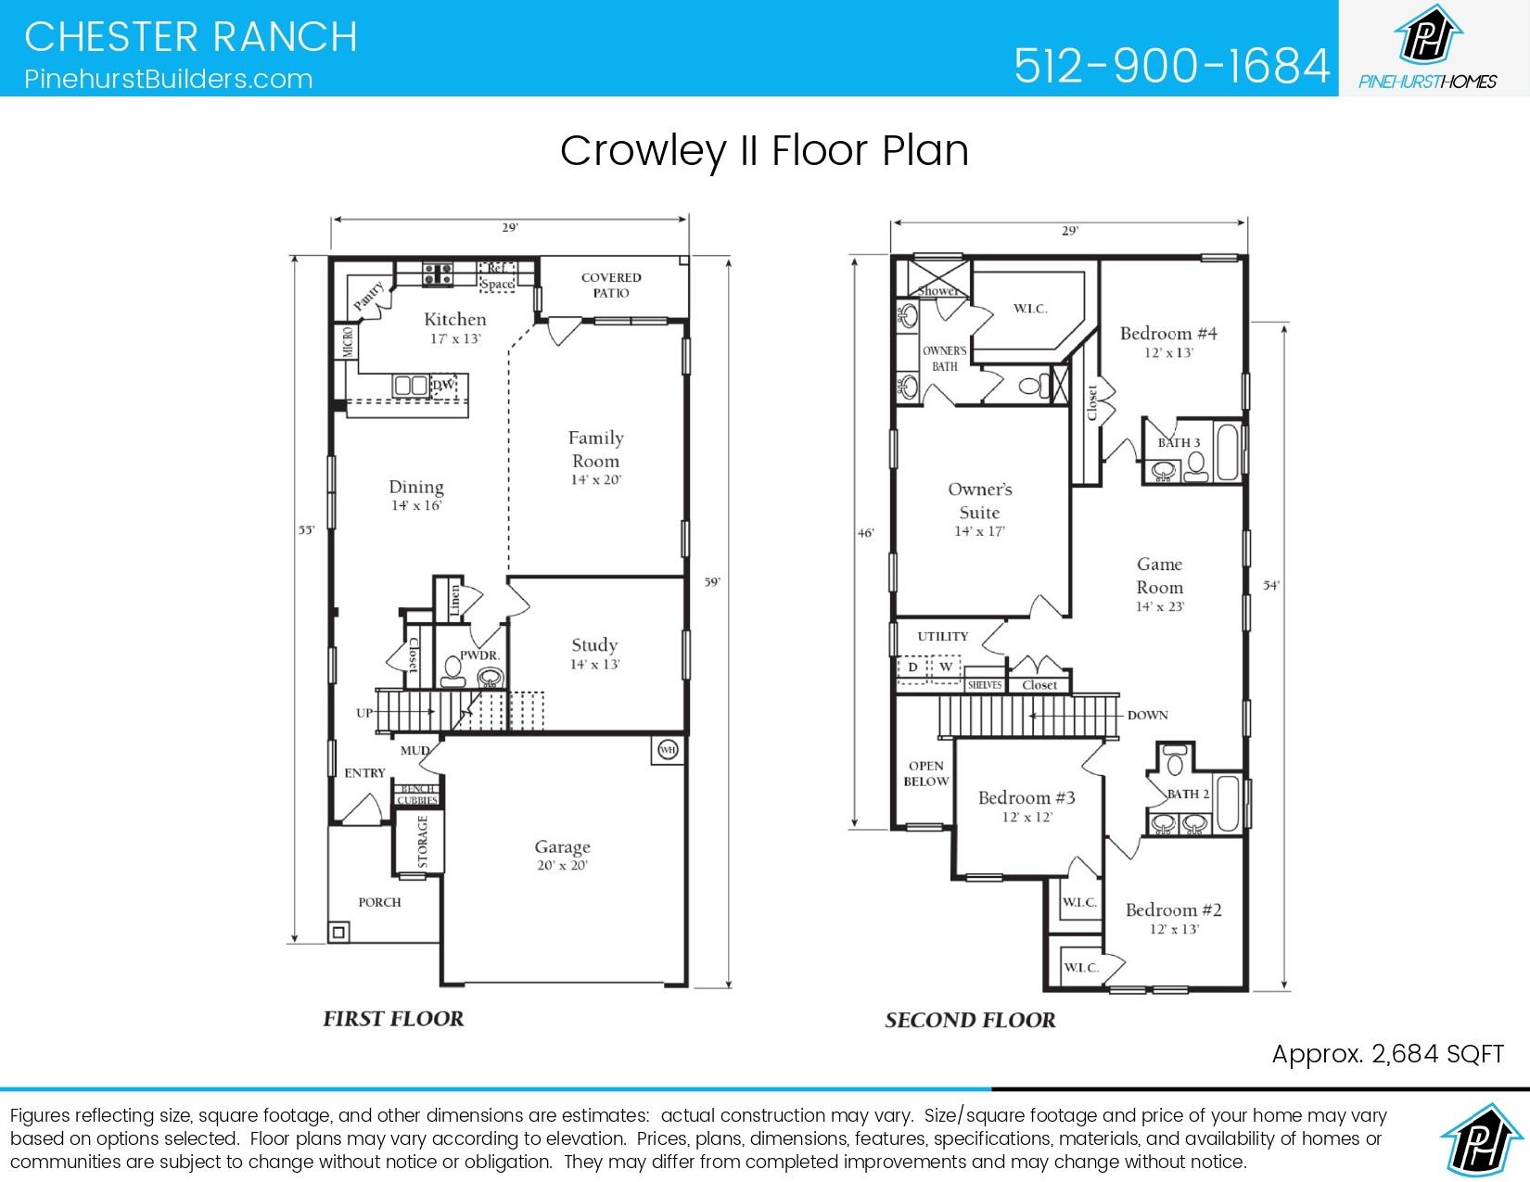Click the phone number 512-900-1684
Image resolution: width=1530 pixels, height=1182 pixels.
[1172, 65]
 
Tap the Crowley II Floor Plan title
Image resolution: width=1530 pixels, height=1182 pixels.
[764, 151]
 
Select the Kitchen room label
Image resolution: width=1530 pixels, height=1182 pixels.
[454, 320]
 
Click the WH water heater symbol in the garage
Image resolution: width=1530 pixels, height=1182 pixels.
[667, 749]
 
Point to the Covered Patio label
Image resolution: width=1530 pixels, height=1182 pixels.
[611, 285]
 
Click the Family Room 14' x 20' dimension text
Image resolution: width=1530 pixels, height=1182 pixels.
[595, 480]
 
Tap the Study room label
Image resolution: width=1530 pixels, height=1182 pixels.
[594, 645]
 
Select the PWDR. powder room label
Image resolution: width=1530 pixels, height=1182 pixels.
[479, 655]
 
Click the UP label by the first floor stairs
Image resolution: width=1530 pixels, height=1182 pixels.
[364, 714]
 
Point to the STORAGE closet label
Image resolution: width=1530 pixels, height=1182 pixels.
[423, 842]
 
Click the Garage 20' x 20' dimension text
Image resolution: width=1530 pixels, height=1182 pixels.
[562, 866]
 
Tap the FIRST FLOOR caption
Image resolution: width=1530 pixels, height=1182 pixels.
[393, 1019]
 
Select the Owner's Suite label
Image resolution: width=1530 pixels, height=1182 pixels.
[979, 501]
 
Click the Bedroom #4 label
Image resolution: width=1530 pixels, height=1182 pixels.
[1167, 334]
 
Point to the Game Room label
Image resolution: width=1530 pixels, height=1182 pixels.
[1159, 576]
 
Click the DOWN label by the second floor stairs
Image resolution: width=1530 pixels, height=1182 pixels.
[1147, 716]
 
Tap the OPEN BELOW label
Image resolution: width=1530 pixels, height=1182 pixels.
[925, 773]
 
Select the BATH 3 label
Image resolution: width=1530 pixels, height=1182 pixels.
[1179, 443]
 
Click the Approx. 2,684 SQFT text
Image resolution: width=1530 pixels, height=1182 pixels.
[1387, 1054]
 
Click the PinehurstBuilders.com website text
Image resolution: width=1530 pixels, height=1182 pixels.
[169, 79]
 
